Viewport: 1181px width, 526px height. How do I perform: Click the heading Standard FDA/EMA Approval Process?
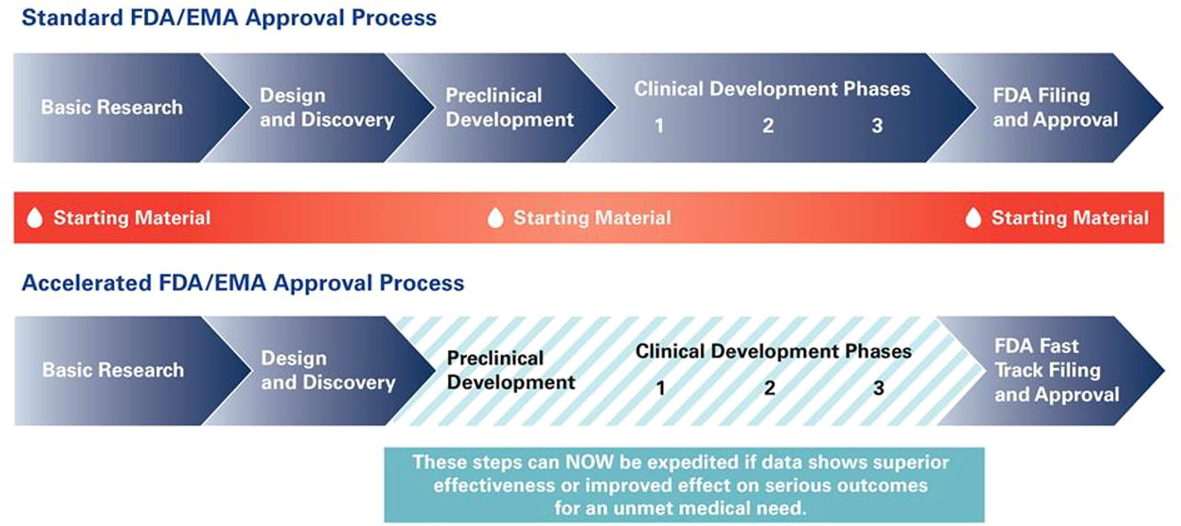[x=229, y=18]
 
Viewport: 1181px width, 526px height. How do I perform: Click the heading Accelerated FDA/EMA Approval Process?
[x=242, y=284]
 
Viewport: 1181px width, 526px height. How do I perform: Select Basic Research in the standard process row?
[x=111, y=108]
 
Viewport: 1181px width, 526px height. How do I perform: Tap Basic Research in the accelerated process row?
[x=113, y=370]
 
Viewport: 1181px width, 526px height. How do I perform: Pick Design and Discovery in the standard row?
[x=326, y=108]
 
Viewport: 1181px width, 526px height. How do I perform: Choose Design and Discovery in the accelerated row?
[x=327, y=371]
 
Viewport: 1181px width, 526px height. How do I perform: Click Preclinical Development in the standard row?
[x=510, y=108]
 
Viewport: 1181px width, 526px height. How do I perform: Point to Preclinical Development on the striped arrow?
[x=511, y=371]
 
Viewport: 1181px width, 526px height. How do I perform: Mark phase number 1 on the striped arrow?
[x=660, y=389]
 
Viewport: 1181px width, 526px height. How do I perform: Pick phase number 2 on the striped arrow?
[x=769, y=389]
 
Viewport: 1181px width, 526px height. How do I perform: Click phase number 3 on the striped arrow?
[x=879, y=389]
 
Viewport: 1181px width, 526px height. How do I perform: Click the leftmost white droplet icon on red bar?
[x=35, y=218]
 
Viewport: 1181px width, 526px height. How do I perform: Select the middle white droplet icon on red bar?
[x=496, y=218]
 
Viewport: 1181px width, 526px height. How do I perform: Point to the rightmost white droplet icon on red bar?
[x=973, y=218]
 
